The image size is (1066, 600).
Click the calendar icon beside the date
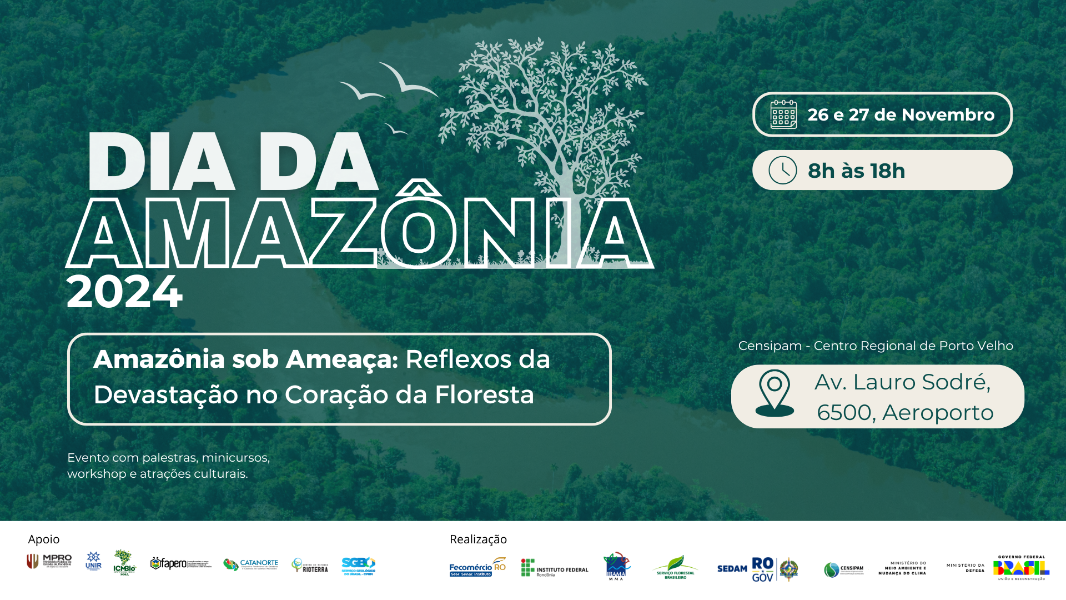783,114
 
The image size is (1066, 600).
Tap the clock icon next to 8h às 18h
782,170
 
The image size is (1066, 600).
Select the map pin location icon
775,393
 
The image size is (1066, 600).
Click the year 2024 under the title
124,292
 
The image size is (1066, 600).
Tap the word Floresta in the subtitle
484,395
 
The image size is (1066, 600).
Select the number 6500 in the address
844,413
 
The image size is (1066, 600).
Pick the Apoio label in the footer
44,539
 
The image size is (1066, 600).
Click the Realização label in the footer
478,539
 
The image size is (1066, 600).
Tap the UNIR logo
93,561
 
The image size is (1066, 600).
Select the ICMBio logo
124,562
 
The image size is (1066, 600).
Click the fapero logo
180,564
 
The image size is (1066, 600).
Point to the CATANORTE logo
251,564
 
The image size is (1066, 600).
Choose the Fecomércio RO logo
477,567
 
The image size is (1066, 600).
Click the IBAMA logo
616,566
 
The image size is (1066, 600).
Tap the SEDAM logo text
732,568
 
